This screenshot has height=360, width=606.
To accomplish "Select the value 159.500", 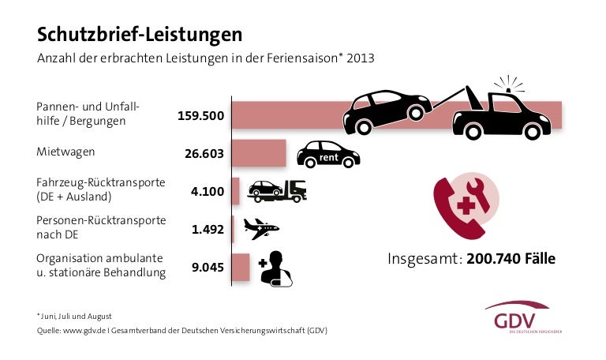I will [x=201, y=115].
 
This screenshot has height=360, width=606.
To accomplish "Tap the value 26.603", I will [x=204, y=154].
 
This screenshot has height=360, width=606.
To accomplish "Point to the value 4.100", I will [x=208, y=190].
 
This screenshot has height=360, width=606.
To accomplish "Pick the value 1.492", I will [x=208, y=230].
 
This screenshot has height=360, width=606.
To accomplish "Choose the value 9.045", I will [x=208, y=268].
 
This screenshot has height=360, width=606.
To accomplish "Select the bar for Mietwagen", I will [x=258, y=152].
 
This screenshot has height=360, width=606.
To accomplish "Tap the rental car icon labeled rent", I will [x=327, y=154].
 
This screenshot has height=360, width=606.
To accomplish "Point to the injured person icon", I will [x=275, y=268].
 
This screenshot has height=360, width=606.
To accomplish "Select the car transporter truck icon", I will [x=276, y=190].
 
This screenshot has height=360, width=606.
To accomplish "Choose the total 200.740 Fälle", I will [x=511, y=258].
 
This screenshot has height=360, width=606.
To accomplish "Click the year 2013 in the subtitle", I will [x=360, y=58].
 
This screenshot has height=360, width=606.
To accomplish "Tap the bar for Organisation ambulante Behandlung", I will [x=241, y=267].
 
